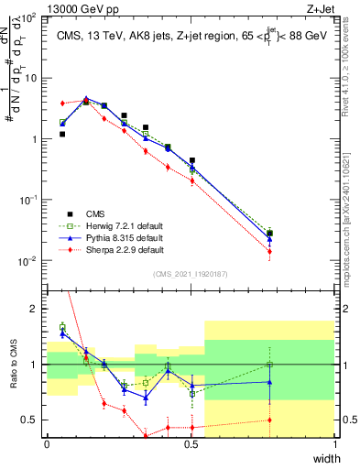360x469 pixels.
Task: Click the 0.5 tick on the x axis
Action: point(191,444)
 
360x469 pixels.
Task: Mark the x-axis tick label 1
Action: point(336,444)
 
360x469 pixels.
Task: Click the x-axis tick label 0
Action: point(47,444)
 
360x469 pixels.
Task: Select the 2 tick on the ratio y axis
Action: point(34,309)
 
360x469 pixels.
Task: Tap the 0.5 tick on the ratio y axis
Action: point(30,420)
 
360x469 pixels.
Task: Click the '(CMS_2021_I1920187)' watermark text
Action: point(191,272)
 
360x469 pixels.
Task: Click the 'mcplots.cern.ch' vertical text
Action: point(352,220)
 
